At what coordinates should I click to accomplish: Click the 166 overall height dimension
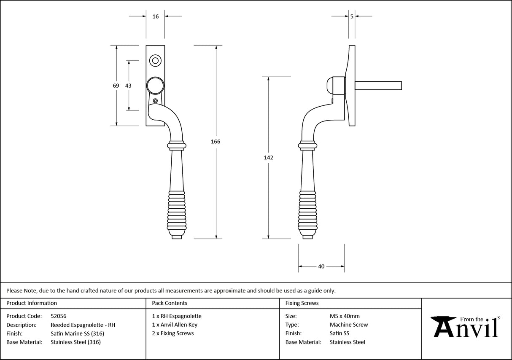coord(216,142)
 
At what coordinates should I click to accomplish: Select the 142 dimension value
coord(269,158)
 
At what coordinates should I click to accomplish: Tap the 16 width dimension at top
coord(156,16)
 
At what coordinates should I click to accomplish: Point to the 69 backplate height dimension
coord(116,86)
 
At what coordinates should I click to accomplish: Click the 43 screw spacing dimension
coord(128,86)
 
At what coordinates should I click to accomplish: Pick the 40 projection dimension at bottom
coord(321,266)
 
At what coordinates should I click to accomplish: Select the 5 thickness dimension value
coord(352,16)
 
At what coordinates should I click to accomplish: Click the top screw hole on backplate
coord(155,61)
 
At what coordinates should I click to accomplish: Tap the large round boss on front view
coord(155,86)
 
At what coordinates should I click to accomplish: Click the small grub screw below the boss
coord(156,101)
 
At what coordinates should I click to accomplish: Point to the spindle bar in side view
coord(378,86)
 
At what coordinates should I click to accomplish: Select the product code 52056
coord(58,316)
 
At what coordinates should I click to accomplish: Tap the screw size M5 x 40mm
coord(345,316)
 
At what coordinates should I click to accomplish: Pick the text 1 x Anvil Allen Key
coord(175,325)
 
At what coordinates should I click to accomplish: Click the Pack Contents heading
coord(170,303)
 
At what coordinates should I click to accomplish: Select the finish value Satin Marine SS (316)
coord(77,333)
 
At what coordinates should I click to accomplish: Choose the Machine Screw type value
coord(349,325)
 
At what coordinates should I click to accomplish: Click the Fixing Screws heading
coord(302,303)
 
